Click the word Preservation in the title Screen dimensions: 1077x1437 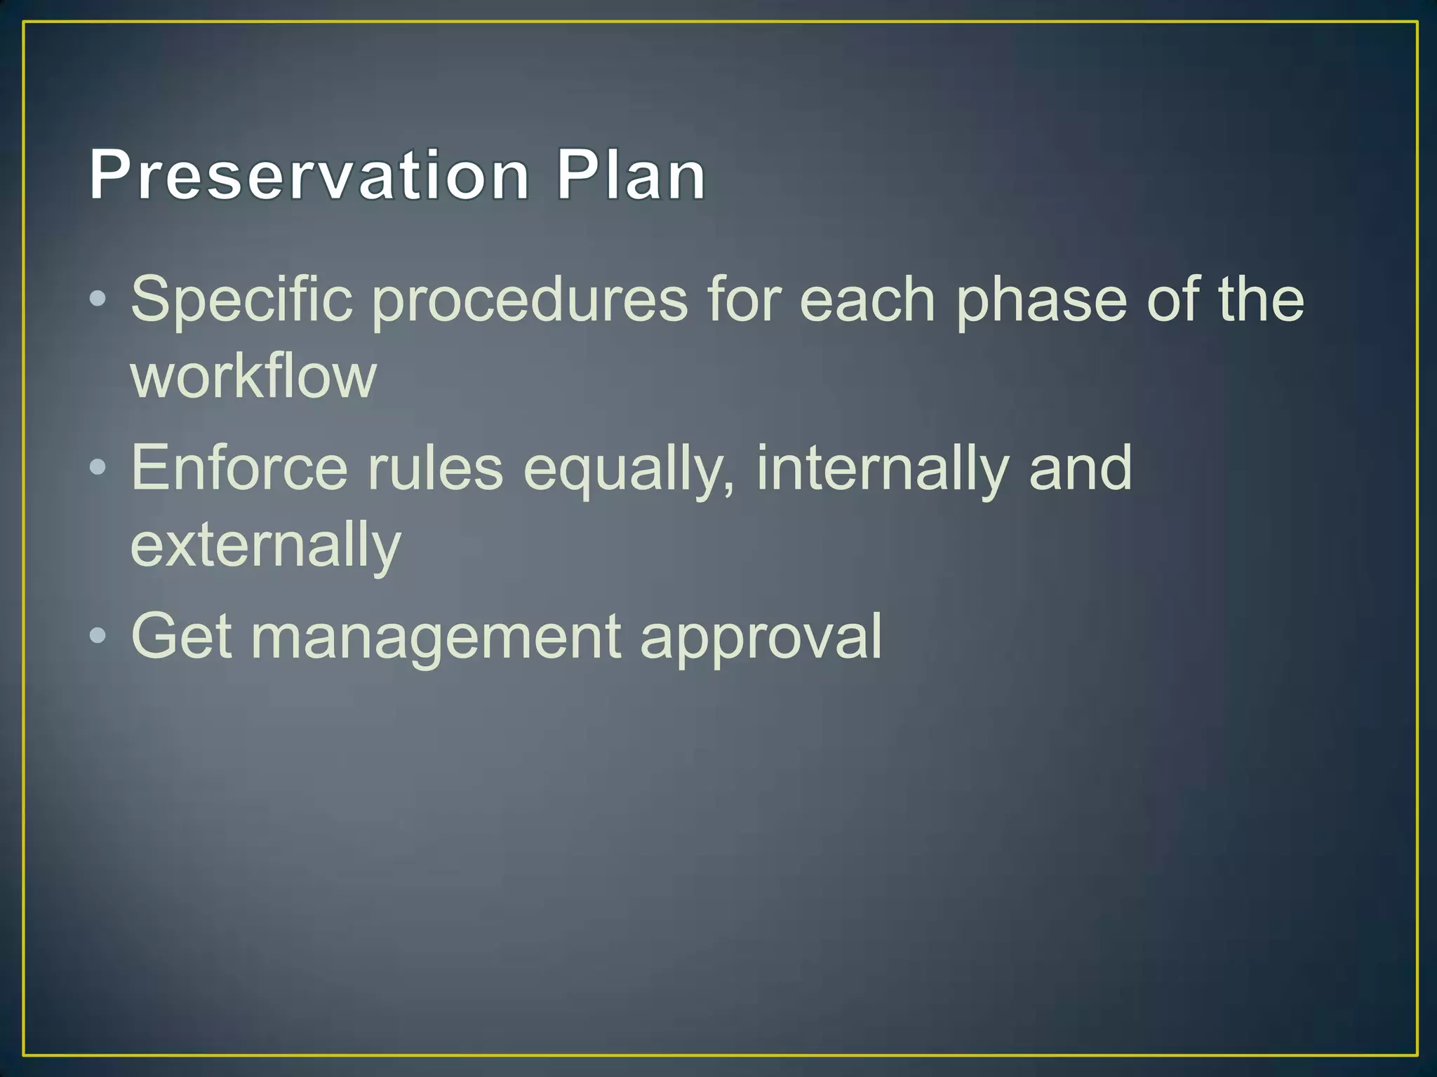pyautogui.click(x=309, y=175)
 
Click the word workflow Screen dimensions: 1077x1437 pyautogui.click(x=253, y=377)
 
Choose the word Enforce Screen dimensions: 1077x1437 pyautogui.click(x=239, y=468)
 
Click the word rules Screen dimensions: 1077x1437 pyautogui.click(x=435, y=468)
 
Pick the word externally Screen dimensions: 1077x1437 pyautogui.click(x=265, y=546)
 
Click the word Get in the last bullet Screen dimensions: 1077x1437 pyautogui.click(x=181, y=637)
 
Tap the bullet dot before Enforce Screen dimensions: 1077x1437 pyautogui.click(x=98, y=467)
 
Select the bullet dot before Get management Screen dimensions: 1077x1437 pyautogui.click(x=98, y=635)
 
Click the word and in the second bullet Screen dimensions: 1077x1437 pyautogui.click(x=1080, y=468)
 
